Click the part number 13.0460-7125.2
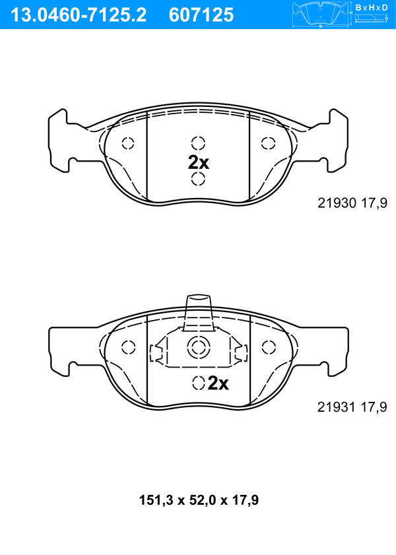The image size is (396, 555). (x=79, y=15)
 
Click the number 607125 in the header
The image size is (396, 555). (x=201, y=15)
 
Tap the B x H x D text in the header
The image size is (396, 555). (x=372, y=7)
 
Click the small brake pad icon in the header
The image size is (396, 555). (x=320, y=15)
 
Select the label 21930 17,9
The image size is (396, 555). (x=352, y=203)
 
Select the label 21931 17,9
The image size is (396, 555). (x=352, y=407)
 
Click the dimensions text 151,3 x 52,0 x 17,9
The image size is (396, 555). (x=199, y=500)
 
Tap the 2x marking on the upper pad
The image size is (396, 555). (x=199, y=162)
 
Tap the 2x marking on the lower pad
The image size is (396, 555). (x=218, y=383)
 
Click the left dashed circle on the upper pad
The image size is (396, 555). (x=128, y=143)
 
